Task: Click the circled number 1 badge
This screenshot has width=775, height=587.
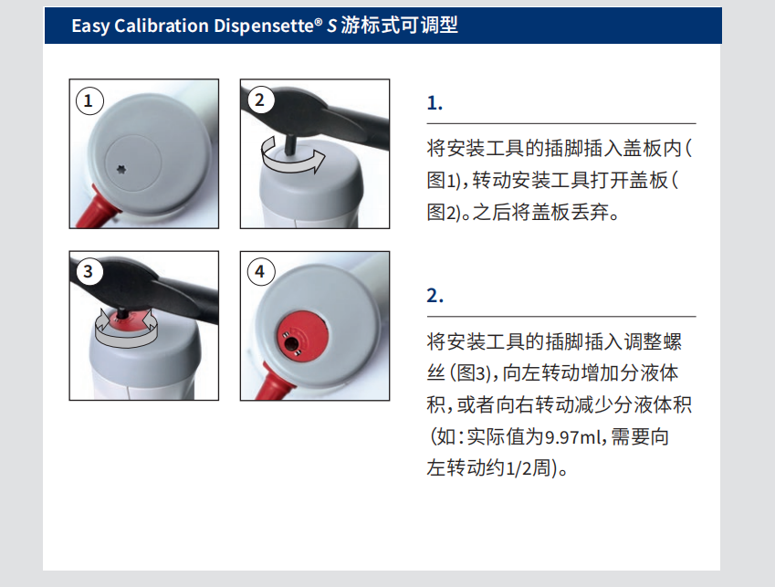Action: (89, 100)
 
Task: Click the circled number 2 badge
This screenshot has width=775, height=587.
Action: (260, 100)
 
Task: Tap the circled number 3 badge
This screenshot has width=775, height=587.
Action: (89, 271)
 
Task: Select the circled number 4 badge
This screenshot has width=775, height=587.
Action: (260, 271)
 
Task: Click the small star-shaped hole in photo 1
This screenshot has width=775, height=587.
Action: (121, 170)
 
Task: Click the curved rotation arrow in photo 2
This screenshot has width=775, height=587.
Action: (293, 156)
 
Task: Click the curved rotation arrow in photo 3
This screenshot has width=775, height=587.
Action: (126, 328)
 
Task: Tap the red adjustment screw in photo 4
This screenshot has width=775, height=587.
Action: (301, 337)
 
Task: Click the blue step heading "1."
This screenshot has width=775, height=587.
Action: (435, 103)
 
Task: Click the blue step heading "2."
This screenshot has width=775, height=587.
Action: (435, 296)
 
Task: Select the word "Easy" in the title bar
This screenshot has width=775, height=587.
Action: (90, 26)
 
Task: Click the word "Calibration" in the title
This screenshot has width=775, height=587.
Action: (162, 26)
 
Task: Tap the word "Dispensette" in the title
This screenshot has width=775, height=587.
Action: (266, 26)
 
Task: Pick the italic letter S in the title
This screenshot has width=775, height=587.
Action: (331, 26)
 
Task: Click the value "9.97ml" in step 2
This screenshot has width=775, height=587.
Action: (574, 437)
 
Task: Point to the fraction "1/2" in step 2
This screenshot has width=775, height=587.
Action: (518, 468)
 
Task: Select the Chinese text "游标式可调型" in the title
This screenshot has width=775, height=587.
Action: (399, 26)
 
